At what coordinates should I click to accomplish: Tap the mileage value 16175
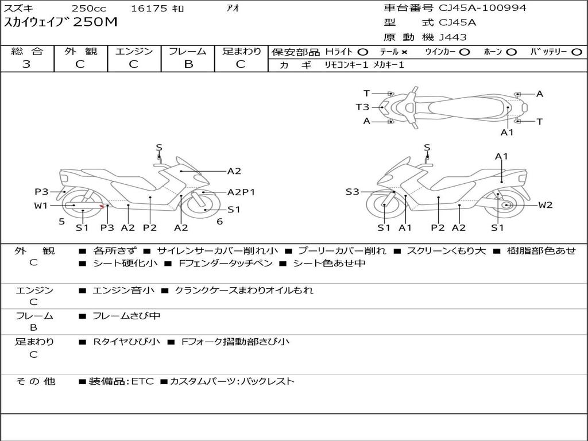tap(149, 9)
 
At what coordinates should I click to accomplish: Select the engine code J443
tap(453, 37)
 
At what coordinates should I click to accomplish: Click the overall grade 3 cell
tap(26, 64)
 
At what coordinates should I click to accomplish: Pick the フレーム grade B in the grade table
tap(188, 64)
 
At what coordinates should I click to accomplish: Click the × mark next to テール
tap(404, 52)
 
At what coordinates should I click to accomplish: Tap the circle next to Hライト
tap(362, 52)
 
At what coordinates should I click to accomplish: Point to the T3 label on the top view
tap(362, 107)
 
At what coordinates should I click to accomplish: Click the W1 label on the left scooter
tap(41, 206)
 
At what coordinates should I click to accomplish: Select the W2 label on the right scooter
tap(546, 205)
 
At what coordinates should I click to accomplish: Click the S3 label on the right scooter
tap(352, 192)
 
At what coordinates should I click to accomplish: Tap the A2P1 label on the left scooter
tap(241, 192)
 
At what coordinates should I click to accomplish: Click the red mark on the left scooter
tap(102, 207)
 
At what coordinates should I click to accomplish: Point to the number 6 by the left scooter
tap(219, 222)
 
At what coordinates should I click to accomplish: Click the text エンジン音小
tap(123, 291)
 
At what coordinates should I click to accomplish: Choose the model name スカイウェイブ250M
tap(60, 23)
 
